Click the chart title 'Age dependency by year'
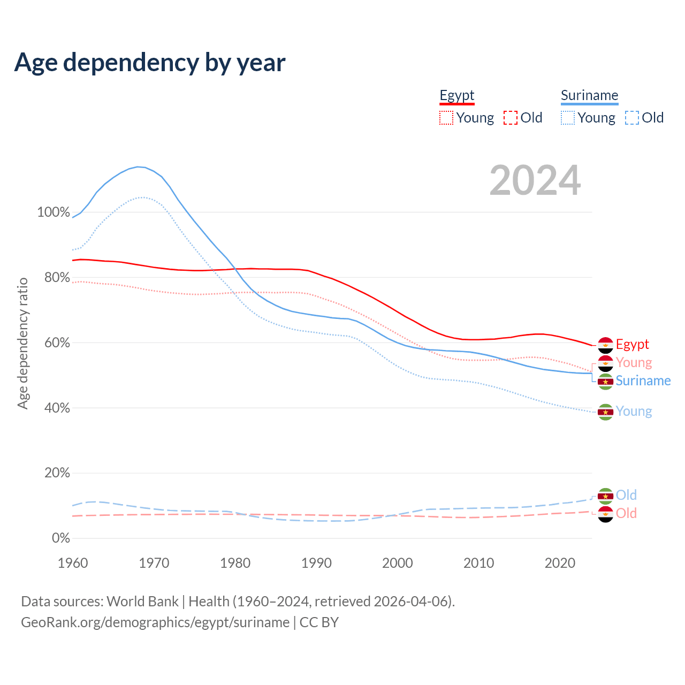tap(150, 63)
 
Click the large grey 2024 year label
tap(535, 181)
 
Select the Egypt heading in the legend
tap(457, 96)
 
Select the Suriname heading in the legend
tap(589, 96)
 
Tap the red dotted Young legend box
tap(446, 118)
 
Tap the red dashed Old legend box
tap(511, 118)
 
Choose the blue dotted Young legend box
tap(568, 118)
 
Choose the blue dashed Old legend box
tap(632, 118)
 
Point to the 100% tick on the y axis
tap(54, 212)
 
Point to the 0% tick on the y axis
tap(61, 538)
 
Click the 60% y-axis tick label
tap(57, 343)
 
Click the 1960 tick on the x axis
tap(73, 563)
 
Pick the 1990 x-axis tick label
tap(316, 563)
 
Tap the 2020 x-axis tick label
tap(560, 563)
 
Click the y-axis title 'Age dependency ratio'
tap(22, 343)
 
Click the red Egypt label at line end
tap(632, 344)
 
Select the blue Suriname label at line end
tap(643, 380)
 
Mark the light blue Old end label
tap(626, 495)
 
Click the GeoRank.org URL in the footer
tap(155, 622)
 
